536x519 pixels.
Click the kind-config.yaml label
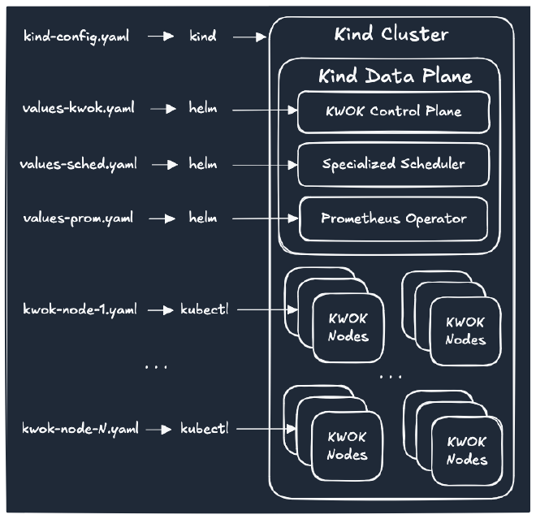(76, 36)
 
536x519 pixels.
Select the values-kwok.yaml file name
(78, 108)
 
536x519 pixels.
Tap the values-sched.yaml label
(78, 164)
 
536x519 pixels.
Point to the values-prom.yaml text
(79, 218)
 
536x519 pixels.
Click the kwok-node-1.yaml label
(80, 309)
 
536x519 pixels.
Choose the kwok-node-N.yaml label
(80, 428)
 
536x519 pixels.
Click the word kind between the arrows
(202, 36)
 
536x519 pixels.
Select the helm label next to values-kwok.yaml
(203, 108)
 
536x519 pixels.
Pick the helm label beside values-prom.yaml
(203, 218)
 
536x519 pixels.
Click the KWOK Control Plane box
(393, 112)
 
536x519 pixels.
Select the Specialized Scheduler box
(393, 165)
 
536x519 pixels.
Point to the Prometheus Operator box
(393, 218)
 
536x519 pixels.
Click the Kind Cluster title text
(391, 35)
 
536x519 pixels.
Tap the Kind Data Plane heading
(395, 76)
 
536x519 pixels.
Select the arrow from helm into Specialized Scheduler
(262, 164)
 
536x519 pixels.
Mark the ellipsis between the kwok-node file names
(155, 368)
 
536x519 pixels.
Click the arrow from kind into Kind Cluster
(250, 36)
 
